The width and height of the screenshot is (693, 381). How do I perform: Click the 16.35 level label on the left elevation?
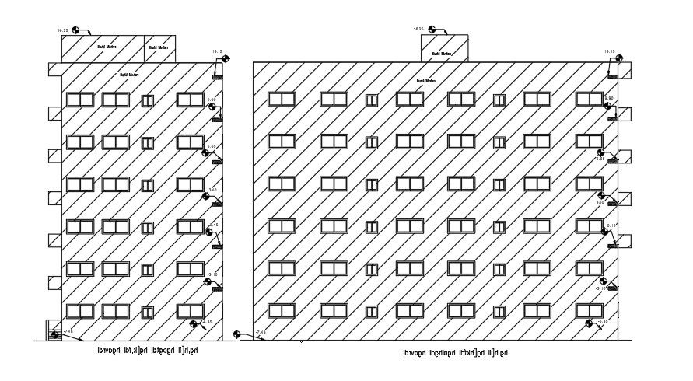(x=64, y=30)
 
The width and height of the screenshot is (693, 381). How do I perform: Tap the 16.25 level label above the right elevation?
(x=418, y=29)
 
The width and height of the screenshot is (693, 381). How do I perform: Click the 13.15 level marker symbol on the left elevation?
(x=225, y=59)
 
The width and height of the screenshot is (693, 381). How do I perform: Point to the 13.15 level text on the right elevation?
(x=609, y=52)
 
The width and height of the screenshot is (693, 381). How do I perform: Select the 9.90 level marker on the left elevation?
(x=214, y=107)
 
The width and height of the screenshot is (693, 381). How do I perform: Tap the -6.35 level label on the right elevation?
(x=602, y=321)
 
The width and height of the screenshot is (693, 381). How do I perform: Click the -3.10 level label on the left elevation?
(x=211, y=274)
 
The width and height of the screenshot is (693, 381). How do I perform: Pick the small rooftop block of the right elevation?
(x=444, y=47)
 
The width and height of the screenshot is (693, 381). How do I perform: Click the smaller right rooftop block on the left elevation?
(x=160, y=47)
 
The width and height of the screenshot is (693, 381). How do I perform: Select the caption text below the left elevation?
(x=148, y=351)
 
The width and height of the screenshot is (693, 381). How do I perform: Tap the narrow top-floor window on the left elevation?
(x=147, y=100)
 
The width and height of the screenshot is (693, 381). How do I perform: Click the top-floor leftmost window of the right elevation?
(x=282, y=100)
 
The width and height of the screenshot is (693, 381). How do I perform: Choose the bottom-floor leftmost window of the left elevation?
(x=80, y=311)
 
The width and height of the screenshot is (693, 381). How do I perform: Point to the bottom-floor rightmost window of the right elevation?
(x=589, y=311)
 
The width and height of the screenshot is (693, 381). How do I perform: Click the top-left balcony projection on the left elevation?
(x=54, y=70)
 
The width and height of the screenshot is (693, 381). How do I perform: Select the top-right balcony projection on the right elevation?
(x=625, y=70)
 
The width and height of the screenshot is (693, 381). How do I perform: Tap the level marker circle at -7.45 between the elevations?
(x=239, y=336)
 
